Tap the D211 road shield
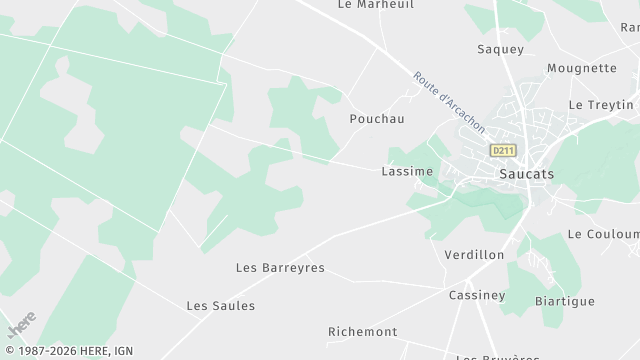point(502,150)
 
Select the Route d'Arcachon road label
point(449,101)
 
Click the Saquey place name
point(500,49)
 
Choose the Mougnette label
point(581,69)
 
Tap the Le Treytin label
point(601,105)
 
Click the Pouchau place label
point(376,118)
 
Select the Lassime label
point(407,171)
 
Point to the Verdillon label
point(474,255)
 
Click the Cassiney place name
point(477,295)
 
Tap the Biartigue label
point(564,301)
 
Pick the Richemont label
point(362,331)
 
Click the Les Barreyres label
point(280,268)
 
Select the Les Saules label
point(221,305)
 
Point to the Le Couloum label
point(602,234)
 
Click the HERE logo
point(21,325)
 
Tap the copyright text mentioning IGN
point(67,351)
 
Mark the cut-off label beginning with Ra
point(629,28)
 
